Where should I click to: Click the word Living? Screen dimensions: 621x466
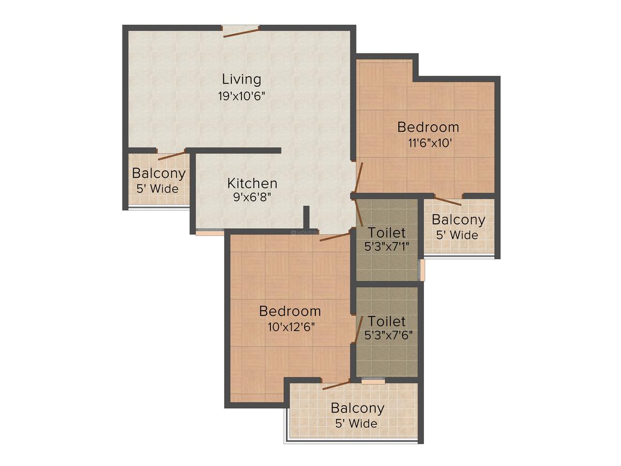click(x=241, y=79)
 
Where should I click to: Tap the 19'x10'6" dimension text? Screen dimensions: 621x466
click(x=241, y=96)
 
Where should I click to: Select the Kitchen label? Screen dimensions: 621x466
click(x=252, y=184)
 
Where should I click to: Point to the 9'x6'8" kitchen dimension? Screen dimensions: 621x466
click(x=252, y=197)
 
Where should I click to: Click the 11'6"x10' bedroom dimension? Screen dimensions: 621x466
click(x=430, y=142)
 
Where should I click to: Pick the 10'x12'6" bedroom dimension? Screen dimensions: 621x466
click(x=291, y=327)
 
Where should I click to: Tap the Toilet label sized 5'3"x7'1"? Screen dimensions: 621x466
click(x=387, y=232)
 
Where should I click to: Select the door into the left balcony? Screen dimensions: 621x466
click(x=171, y=155)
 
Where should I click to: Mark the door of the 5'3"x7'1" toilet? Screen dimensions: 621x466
click(x=359, y=213)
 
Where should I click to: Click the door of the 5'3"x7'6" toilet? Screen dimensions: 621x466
click(x=359, y=329)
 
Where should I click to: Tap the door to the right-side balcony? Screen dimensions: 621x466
click(x=448, y=200)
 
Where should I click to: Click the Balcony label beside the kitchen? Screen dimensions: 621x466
click(x=159, y=174)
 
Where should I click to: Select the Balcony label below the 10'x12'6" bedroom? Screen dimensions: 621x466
click(x=358, y=408)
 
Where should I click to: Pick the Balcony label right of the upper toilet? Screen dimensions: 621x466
click(x=459, y=220)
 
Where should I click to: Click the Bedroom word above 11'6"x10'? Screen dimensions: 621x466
click(x=428, y=127)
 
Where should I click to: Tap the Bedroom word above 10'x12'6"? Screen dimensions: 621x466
click(x=290, y=311)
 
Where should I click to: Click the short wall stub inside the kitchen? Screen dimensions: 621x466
click(x=306, y=217)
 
